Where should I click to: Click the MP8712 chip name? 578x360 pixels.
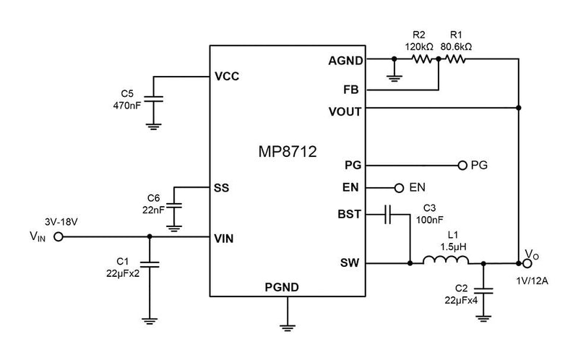click(x=287, y=153)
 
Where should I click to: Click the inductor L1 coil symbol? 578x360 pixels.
click(x=441, y=263)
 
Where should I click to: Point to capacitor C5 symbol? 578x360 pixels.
click(x=152, y=99)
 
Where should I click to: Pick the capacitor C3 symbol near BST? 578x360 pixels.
click(x=389, y=214)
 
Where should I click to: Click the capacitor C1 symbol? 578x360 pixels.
click(x=150, y=263)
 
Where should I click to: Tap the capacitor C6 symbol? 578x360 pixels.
click(x=173, y=207)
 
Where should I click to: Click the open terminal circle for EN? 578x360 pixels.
click(x=399, y=188)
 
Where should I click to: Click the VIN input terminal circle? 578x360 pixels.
click(x=59, y=236)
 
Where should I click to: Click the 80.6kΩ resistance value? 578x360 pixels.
click(x=457, y=46)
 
